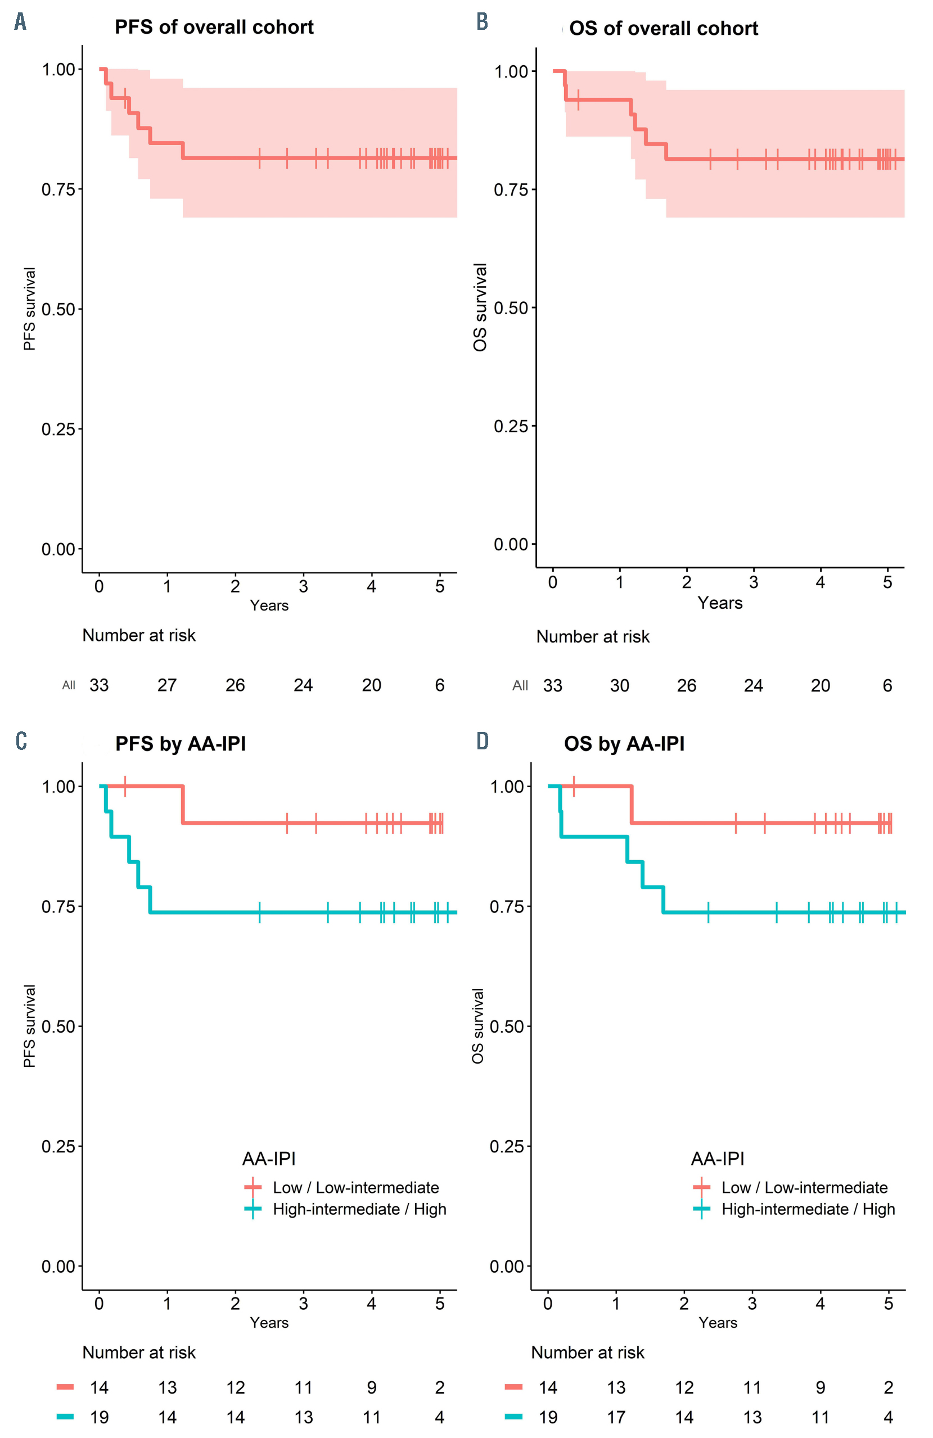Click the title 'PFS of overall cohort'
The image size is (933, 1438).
pyautogui.click(x=214, y=27)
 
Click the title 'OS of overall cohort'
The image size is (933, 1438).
pyautogui.click(x=663, y=29)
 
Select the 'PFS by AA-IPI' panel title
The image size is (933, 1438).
pyautogui.click(x=180, y=743)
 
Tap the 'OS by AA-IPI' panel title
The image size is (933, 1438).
pyautogui.click(x=624, y=743)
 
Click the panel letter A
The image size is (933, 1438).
pyautogui.click(x=21, y=22)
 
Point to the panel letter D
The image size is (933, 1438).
pyautogui.click(x=481, y=741)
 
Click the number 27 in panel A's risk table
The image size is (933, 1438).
pyautogui.click(x=167, y=685)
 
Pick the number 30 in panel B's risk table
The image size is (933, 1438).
pyautogui.click(x=619, y=686)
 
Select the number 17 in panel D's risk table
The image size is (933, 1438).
pyautogui.click(x=616, y=1417)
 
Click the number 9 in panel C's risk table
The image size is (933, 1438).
pyautogui.click(x=371, y=1387)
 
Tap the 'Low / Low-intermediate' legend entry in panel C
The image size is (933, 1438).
pyautogui.click(x=355, y=1187)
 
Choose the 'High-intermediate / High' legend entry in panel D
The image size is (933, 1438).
pyautogui.click(x=808, y=1209)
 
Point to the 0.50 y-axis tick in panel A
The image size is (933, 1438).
pyautogui.click(x=58, y=309)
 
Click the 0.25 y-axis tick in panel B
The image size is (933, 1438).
pyautogui.click(x=511, y=426)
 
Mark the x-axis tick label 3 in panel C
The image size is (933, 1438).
pyautogui.click(x=303, y=1303)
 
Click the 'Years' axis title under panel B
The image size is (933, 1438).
pyautogui.click(x=720, y=603)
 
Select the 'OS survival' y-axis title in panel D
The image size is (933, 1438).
pyautogui.click(x=477, y=1026)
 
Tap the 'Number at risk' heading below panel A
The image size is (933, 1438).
pyautogui.click(x=139, y=635)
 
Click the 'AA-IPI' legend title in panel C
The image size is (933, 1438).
pyautogui.click(x=269, y=1158)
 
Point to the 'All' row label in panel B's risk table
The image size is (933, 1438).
pyautogui.click(x=520, y=686)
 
